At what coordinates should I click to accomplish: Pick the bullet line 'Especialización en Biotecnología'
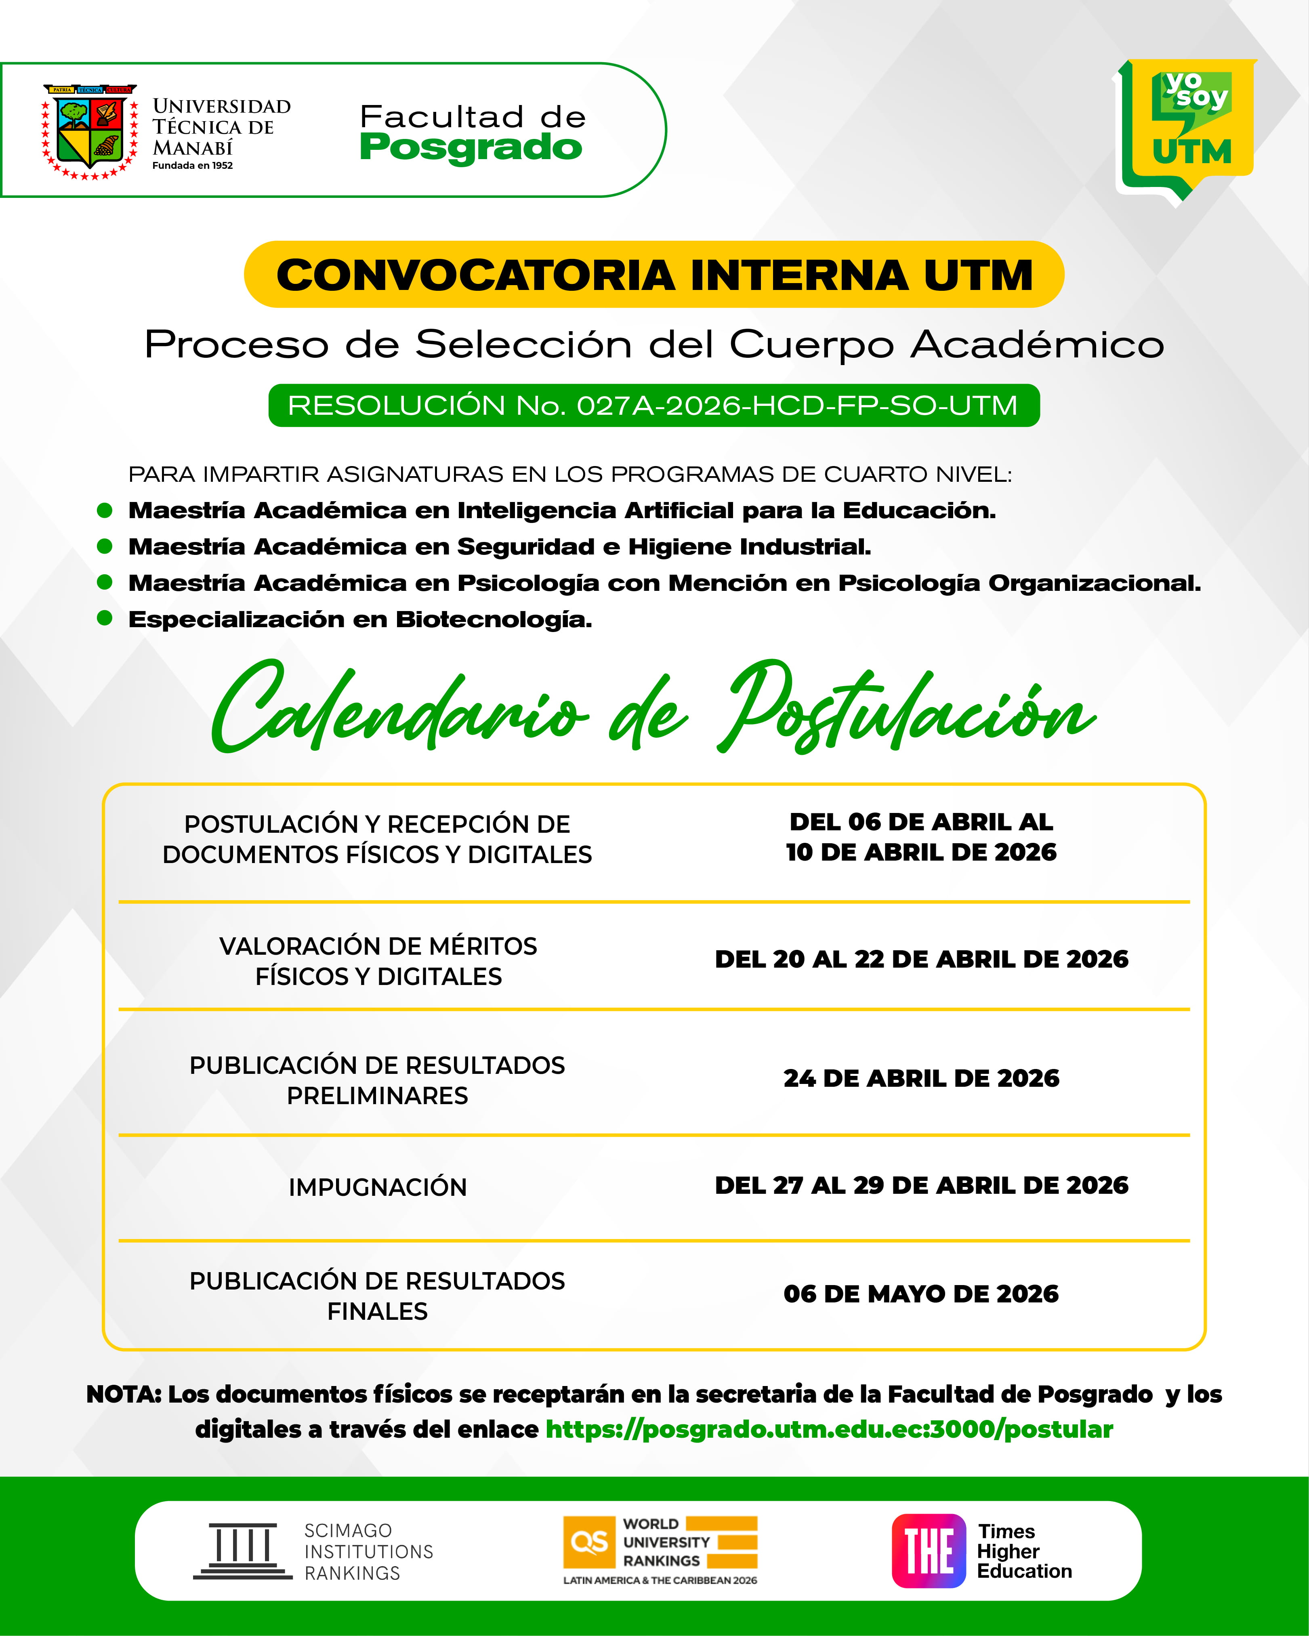(360, 619)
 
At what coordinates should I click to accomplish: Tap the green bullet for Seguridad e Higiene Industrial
(105, 546)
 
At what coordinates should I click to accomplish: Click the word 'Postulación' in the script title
(907, 710)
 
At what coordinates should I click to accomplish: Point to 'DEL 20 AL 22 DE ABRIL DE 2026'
(921, 959)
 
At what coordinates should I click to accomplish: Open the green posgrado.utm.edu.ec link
(829, 1430)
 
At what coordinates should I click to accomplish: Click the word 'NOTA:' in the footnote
(124, 1394)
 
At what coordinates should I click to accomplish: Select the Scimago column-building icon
(243, 1551)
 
